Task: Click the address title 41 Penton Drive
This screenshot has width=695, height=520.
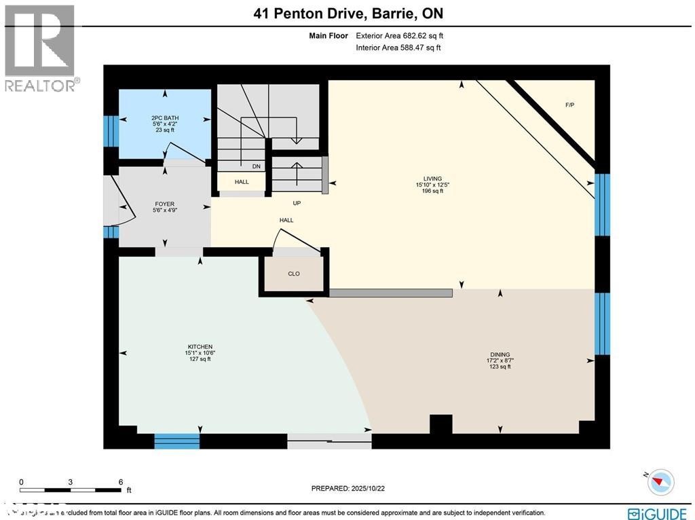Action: pos(347,14)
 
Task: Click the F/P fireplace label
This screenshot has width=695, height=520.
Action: pos(570,105)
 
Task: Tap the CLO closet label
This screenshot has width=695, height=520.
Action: pos(294,274)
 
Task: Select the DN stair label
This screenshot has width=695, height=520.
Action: pos(257,166)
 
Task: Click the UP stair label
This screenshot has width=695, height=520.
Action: pos(297,203)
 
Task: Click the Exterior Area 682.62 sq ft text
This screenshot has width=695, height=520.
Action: pos(399,35)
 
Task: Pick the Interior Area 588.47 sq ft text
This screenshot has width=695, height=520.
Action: pos(398,48)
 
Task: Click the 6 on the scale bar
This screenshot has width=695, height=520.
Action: pos(120,482)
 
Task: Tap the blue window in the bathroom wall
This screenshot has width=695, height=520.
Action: pos(107,131)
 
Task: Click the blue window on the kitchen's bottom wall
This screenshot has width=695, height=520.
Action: pos(176,441)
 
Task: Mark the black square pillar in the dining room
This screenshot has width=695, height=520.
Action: pos(441,424)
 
